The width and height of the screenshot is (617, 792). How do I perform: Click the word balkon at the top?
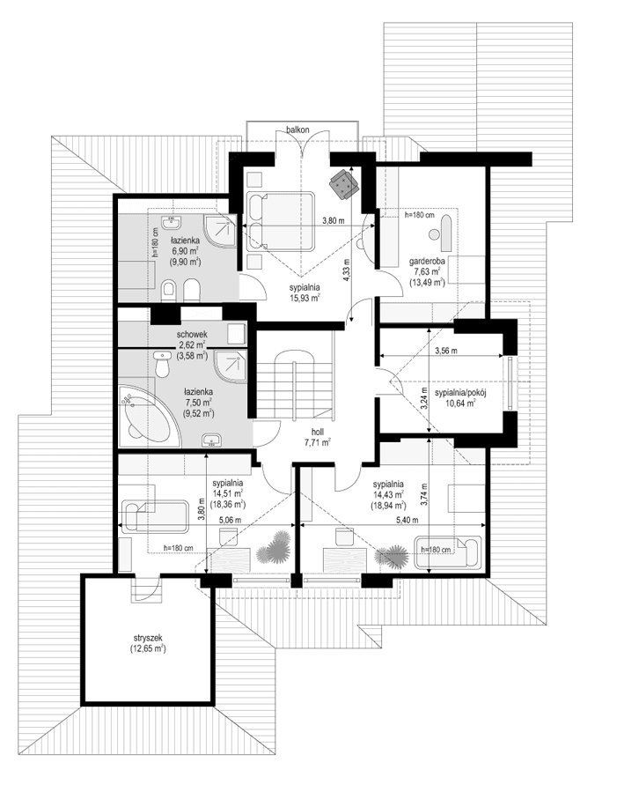coord(297,130)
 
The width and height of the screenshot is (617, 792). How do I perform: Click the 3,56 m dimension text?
coord(448,351)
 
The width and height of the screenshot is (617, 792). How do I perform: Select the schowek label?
coord(192,335)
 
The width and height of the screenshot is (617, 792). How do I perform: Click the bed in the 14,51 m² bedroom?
coord(155,517)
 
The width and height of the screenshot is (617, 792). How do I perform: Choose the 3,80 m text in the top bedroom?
coord(332,220)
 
